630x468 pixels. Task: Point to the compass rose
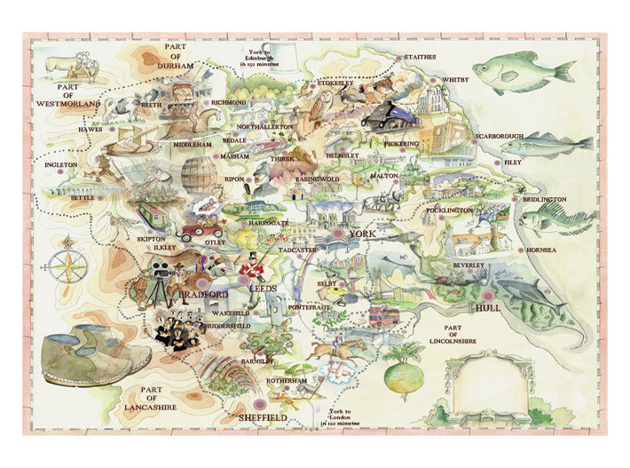click(69, 265)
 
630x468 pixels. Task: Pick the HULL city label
click(489, 308)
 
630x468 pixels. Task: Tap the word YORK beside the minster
click(364, 234)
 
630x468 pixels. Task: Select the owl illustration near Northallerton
click(326, 104)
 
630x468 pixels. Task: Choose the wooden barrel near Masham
click(200, 175)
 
